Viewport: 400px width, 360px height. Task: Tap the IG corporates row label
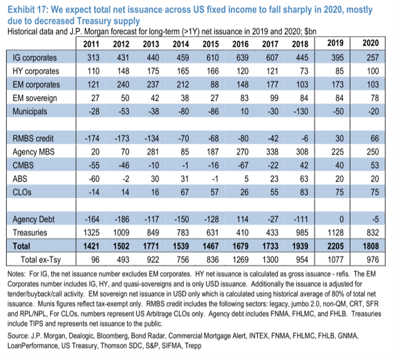36,58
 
